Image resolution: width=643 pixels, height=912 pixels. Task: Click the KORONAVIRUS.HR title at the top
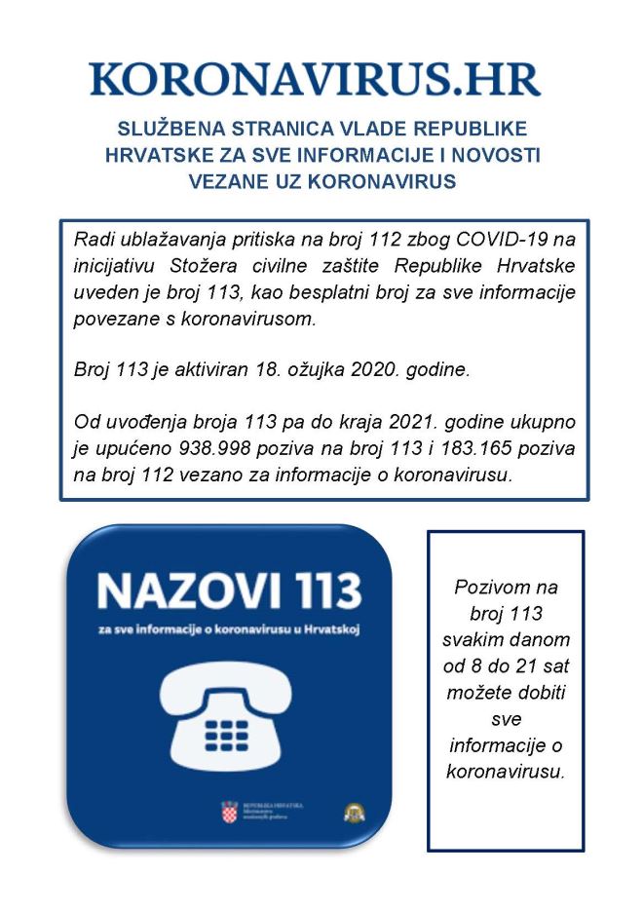pos(315,79)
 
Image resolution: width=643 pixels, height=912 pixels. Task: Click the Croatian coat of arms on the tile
pos(229,811)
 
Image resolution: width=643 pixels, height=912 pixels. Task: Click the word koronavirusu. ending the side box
pos(505,771)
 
